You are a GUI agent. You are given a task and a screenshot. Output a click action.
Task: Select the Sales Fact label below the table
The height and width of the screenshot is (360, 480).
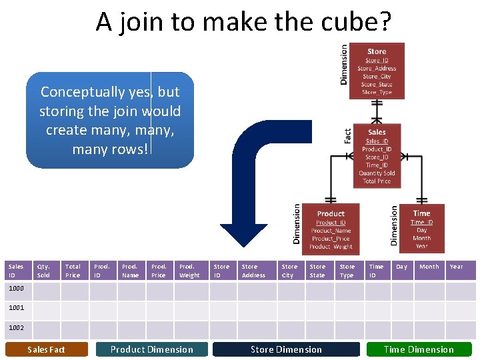coord(47,349)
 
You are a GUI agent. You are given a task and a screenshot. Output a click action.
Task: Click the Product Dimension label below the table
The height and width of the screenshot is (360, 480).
coord(152,349)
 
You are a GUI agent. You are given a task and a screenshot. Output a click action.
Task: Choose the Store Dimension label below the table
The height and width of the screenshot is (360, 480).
coord(286,349)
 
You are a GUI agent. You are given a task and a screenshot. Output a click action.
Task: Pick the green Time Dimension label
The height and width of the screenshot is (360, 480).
coord(419,349)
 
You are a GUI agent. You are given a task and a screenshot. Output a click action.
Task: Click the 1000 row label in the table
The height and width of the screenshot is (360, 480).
coord(16,289)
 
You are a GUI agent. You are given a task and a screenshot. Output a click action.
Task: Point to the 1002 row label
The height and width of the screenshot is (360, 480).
coord(16,328)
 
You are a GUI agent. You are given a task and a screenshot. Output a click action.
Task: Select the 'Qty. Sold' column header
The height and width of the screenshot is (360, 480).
coord(43,271)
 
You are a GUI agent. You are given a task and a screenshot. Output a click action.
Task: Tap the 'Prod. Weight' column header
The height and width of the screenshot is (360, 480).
coord(189,271)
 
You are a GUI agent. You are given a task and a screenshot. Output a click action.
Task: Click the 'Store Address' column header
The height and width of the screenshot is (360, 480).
coord(253,271)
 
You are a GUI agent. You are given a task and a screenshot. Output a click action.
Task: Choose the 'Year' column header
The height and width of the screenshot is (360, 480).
coord(456,267)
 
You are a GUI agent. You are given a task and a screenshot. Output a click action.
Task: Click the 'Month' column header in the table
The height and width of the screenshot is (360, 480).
coord(429,267)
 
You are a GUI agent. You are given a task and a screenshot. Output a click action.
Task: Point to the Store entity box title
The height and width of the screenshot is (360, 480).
coord(377,51)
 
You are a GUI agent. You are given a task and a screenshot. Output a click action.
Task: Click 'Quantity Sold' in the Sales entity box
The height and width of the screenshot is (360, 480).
coord(377,173)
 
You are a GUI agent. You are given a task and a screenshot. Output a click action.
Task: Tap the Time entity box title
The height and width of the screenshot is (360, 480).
coord(421,213)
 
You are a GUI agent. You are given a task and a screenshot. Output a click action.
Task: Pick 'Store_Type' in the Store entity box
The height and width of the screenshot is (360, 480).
coord(377,93)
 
